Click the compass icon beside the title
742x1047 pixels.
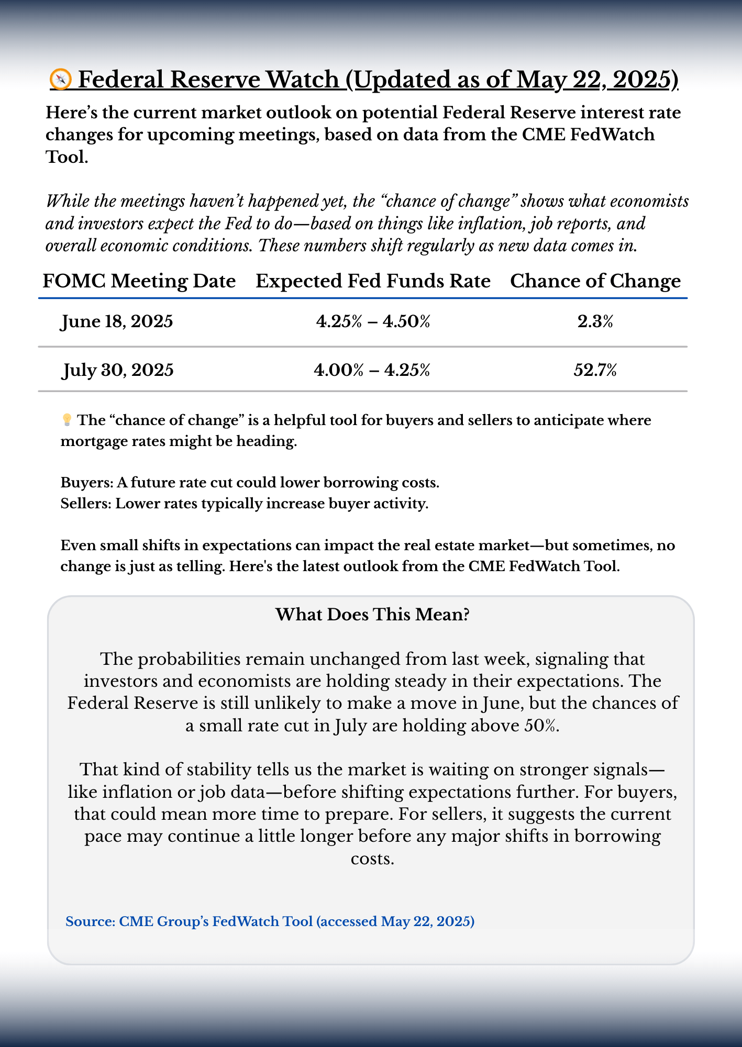click(60, 80)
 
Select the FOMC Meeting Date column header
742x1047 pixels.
click(139, 281)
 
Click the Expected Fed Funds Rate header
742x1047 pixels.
click(373, 281)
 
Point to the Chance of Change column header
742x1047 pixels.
click(595, 281)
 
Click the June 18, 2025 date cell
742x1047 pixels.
click(117, 321)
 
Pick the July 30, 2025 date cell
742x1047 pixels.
click(118, 370)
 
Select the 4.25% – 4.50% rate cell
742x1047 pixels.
click(373, 321)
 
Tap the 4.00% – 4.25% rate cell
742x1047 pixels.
click(372, 370)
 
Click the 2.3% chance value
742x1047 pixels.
click(595, 321)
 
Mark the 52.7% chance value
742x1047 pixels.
click(595, 370)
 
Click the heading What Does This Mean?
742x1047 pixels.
click(372, 614)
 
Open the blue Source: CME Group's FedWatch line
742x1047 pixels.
click(270, 921)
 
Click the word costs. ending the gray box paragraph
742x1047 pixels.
click(372, 859)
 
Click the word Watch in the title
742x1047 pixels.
click(302, 80)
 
